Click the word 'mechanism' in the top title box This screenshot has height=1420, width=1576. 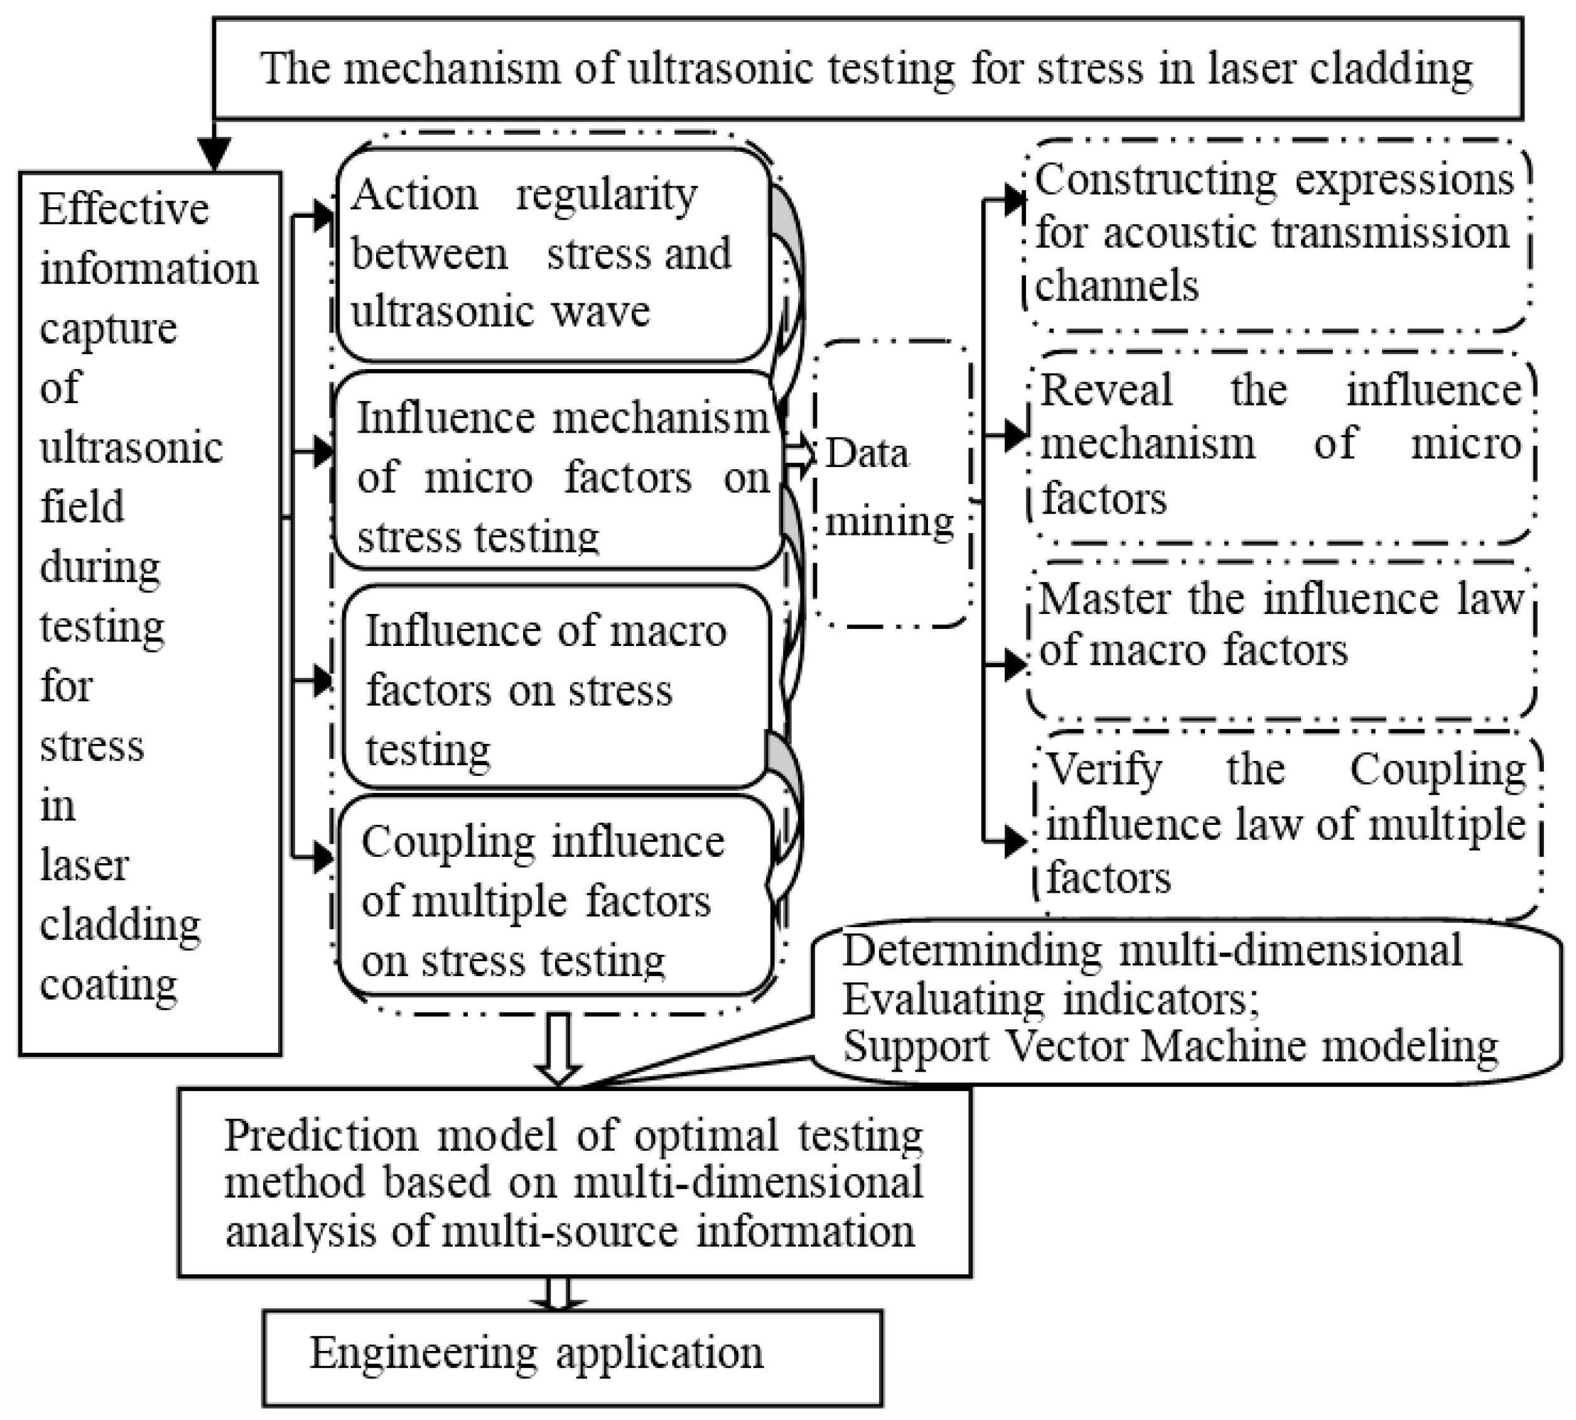click(x=453, y=68)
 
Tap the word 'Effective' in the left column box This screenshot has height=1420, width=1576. click(x=124, y=209)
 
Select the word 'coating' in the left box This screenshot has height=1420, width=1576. click(x=109, y=984)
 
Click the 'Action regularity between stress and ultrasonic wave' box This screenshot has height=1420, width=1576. click(x=553, y=254)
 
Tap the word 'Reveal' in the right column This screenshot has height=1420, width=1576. click(x=1106, y=390)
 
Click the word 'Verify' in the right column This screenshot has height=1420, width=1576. click(x=1103, y=769)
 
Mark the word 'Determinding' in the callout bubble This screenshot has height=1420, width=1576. click(x=971, y=950)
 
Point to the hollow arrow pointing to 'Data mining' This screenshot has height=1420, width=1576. click(x=797, y=454)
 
